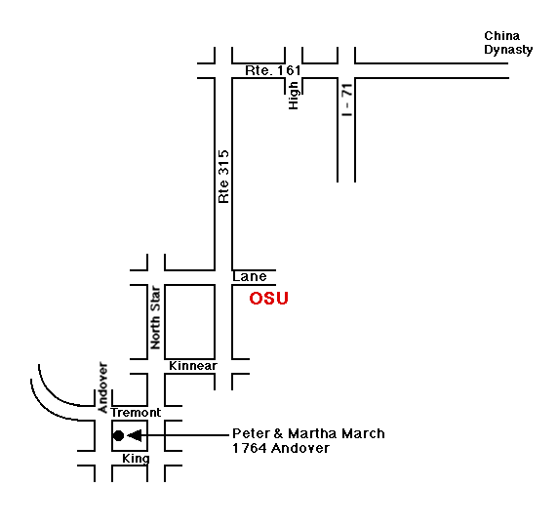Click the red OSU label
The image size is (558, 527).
pos(268,299)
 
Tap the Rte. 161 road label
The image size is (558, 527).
pos(273,70)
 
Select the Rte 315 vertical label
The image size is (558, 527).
pos(223,177)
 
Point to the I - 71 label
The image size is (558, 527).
pos(346,100)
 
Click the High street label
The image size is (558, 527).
pos(294,96)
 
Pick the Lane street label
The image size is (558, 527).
pos(250,277)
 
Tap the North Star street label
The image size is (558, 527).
pos(155,317)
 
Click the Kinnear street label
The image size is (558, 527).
pos(193,366)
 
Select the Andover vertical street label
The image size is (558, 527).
pos(102,387)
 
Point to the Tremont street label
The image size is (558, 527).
pos(136,413)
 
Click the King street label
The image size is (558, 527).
pos(136,459)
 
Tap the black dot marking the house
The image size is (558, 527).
pos(118,435)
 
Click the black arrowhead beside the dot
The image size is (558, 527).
pos(135,435)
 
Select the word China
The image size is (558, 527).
pos(501,36)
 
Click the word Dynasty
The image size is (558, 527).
pos(508,50)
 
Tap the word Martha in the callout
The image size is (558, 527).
pos(313,433)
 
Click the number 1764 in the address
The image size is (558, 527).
pos(250,448)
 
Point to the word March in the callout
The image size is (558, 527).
pos(363,433)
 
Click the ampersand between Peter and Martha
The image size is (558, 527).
pos(279,433)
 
